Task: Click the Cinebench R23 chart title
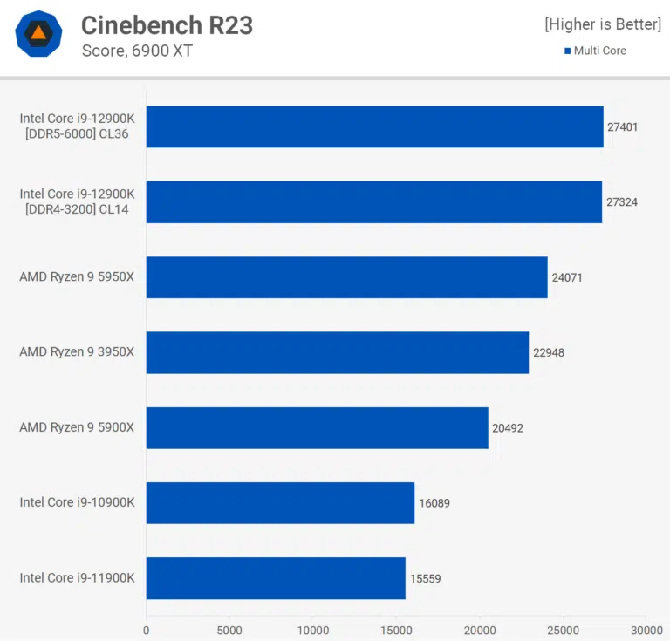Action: click(167, 25)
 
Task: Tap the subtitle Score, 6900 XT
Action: click(137, 51)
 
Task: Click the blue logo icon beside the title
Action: click(38, 34)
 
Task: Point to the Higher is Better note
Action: click(603, 24)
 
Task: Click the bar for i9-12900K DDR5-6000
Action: click(374, 126)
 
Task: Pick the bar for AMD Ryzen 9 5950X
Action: click(346, 277)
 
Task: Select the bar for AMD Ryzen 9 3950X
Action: click(337, 352)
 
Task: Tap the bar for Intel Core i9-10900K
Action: click(280, 502)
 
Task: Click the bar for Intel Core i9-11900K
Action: click(276, 577)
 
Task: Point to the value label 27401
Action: click(622, 127)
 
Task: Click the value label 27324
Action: click(621, 202)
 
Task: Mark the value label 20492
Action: click(508, 428)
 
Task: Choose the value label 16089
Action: click(434, 503)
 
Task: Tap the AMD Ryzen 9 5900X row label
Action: click(77, 427)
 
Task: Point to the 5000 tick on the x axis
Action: click(229, 630)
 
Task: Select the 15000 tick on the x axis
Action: click(396, 630)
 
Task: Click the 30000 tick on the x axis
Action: click(646, 630)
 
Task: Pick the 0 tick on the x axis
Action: click(146, 630)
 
